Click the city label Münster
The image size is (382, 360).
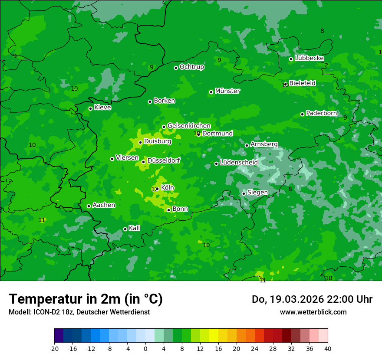227,91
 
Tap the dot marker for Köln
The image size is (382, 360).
157,189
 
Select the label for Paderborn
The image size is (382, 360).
321,113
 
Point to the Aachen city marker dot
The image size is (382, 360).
89,206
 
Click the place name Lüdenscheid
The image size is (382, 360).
239,163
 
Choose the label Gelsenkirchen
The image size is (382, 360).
189,126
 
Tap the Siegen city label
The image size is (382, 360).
257,193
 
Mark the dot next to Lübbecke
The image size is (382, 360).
291,59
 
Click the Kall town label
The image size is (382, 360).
134,228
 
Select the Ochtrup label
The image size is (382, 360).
191,67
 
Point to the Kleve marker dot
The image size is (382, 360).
90,108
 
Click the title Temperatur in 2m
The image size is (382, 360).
86,299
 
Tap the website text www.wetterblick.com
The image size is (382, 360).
313,312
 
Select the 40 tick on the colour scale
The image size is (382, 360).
328,348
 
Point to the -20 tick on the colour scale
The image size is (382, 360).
54,348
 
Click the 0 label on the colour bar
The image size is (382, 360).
145,348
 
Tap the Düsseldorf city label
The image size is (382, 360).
164,161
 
